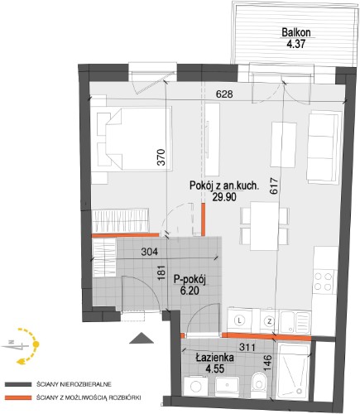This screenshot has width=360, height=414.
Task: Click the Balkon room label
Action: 296,32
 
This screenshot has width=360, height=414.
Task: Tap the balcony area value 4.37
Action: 296,44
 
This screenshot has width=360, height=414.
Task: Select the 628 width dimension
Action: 224,94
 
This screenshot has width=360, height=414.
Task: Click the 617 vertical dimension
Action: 275,186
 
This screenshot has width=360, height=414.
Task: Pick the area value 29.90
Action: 224,197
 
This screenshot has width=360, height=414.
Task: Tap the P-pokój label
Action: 190,280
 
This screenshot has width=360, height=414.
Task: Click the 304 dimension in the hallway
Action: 149,252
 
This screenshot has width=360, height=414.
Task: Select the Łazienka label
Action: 215,358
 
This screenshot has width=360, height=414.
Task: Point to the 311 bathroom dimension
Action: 247,347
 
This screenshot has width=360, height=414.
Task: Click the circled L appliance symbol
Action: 239,320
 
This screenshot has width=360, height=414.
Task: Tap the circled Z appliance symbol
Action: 269,321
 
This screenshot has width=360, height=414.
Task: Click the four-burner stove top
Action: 324,282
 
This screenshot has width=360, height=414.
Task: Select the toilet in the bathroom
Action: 258,384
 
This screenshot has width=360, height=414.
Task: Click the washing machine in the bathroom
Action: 196,387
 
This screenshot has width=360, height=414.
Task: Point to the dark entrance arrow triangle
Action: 142,338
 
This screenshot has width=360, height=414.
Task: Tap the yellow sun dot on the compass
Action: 36,344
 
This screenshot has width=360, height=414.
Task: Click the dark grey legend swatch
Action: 17,384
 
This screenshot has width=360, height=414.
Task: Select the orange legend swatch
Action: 17,398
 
